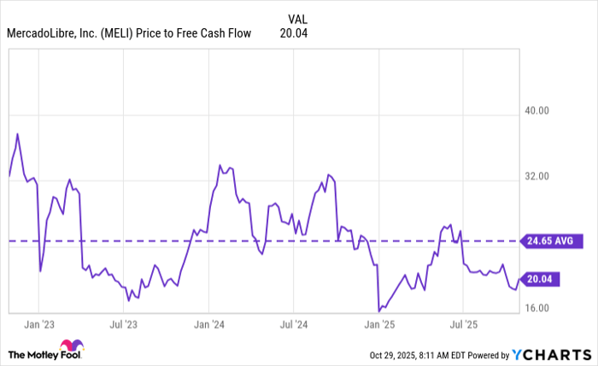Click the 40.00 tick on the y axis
pyautogui.click(x=536, y=111)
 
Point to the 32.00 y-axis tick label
pyautogui.click(x=536, y=177)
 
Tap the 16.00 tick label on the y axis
pyautogui.click(x=536, y=309)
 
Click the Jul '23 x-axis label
pyautogui.click(x=124, y=325)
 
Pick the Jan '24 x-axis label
pyautogui.click(x=208, y=325)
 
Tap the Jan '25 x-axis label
pyautogui.click(x=378, y=325)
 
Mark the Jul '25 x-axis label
pyautogui.click(x=462, y=325)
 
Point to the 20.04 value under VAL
pyautogui.click(x=293, y=33)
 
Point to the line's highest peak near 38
pyautogui.click(x=17, y=133)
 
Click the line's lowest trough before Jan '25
pyautogui.click(x=378, y=310)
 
